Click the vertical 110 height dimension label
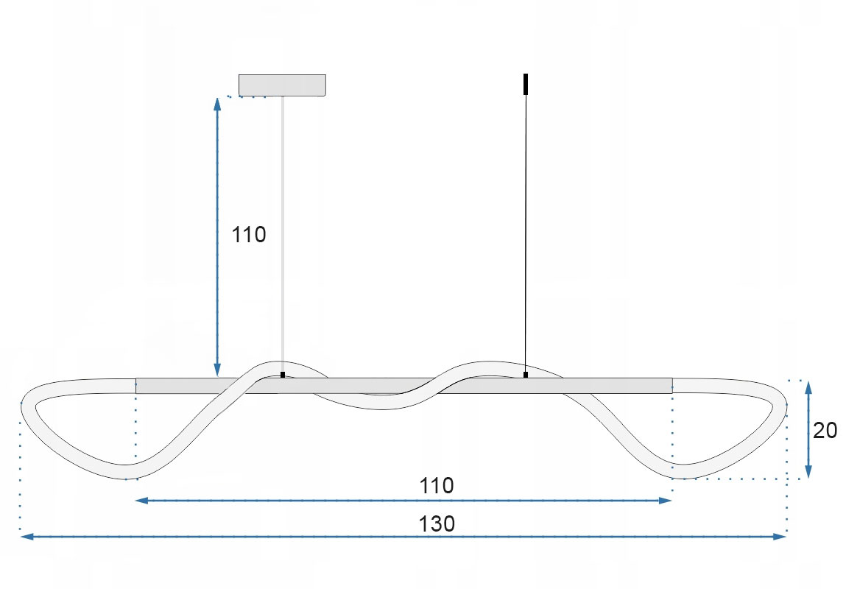click(249, 235)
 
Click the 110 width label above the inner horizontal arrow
click(437, 486)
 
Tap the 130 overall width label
click(437, 523)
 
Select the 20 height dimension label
click(825, 431)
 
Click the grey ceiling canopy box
click(282, 85)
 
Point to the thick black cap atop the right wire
click(526, 84)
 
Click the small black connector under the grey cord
click(283, 374)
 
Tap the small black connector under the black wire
click(526, 374)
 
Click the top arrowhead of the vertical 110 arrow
click(217, 104)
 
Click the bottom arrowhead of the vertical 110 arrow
click(217, 370)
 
